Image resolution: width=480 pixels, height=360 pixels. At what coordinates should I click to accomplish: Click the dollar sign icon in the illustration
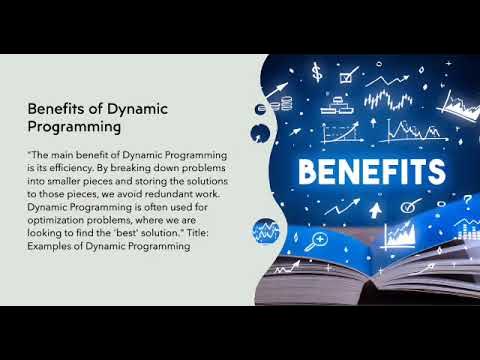click(317, 73)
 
